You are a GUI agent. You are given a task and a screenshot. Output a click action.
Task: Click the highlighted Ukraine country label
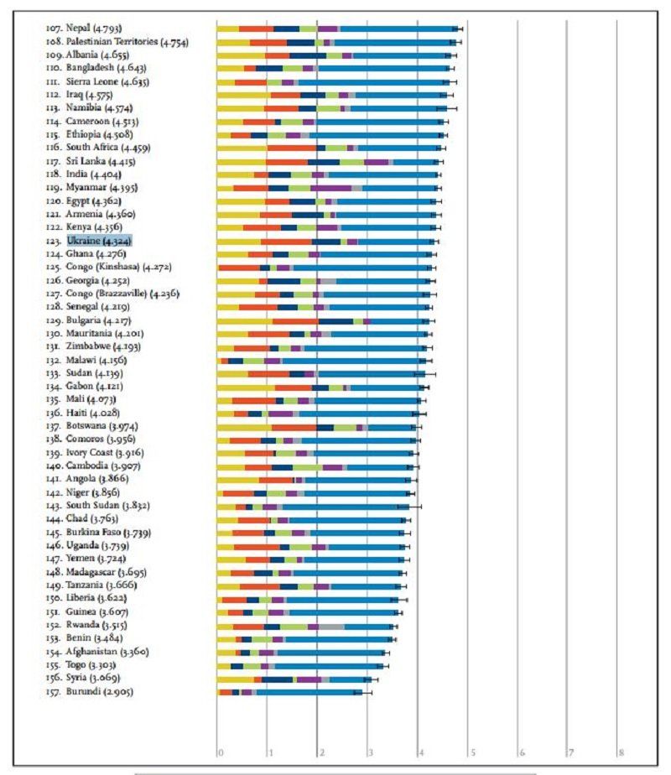click(100, 241)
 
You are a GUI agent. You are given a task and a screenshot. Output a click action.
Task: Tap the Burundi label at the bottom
click(90, 692)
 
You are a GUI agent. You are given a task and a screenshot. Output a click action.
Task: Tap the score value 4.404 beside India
click(106, 174)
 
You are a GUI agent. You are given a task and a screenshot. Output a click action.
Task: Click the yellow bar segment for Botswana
click(244, 427)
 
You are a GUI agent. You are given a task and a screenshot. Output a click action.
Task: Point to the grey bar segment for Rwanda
click(331, 626)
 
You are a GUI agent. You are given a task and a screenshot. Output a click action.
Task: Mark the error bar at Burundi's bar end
click(362, 692)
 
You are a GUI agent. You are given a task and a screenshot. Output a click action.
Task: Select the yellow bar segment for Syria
click(236, 679)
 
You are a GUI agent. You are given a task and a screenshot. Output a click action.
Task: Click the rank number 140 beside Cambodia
click(55, 466)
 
